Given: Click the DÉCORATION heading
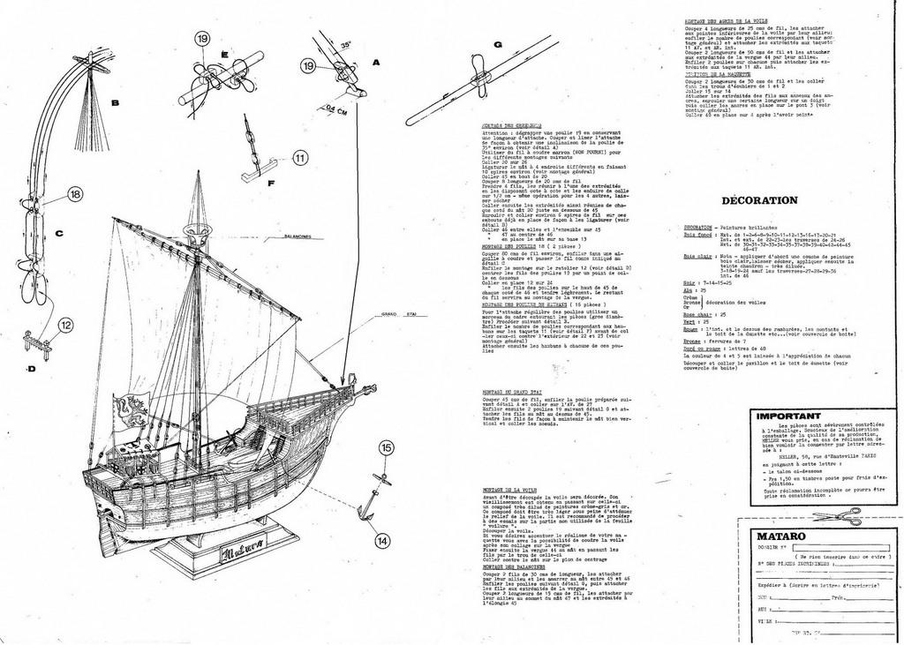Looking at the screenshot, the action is pyautogui.click(x=759, y=199).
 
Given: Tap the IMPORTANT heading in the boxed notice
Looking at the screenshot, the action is pyautogui.click(x=789, y=415).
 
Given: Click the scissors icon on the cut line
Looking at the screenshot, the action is pyautogui.click(x=836, y=516).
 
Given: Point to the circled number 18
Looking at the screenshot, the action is pyautogui.click(x=75, y=194).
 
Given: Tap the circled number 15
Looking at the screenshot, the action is pyautogui.click(x=386, y=448).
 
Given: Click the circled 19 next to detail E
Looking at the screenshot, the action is pyautogui.click(x=202, y=38).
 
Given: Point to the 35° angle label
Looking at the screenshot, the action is pyautogui.click(x=345, y=42).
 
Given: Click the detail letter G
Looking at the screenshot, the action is pyautogui.click(x=498, y=44).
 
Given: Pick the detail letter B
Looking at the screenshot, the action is pyautogui.click(x=115, y=102).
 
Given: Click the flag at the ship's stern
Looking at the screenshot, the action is pyautogui.click(x=130, y=410).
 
